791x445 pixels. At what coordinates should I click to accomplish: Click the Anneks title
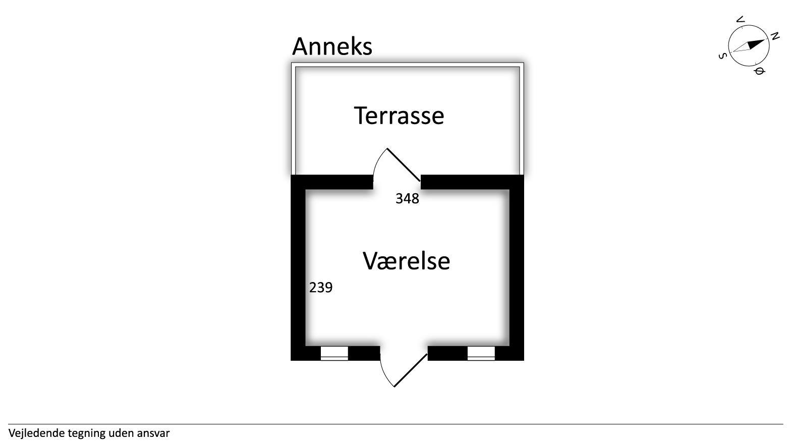(332, 46)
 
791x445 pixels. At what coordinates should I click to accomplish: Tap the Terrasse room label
(399, 116)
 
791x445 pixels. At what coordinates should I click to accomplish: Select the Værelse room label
(406, 261)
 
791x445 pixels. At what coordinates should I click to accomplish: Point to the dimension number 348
(407, 199)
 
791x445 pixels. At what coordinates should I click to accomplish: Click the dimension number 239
(321, 288)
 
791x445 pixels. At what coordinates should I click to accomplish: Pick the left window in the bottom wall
(334, 353)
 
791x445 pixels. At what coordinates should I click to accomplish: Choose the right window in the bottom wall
(481, 353)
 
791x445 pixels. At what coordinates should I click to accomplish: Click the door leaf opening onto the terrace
(404, 164)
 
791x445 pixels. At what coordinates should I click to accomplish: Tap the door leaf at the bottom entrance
(411, 370)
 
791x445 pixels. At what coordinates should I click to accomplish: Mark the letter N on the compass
(775, 36)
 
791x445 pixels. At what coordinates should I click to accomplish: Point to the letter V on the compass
(740, 20)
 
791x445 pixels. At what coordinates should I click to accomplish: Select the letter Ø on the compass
(759, 71)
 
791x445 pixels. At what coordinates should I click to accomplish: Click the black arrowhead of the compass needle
(756, 44)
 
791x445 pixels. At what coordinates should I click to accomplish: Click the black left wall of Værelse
(298, 267)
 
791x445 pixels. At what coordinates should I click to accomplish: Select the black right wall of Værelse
(517, 267)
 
